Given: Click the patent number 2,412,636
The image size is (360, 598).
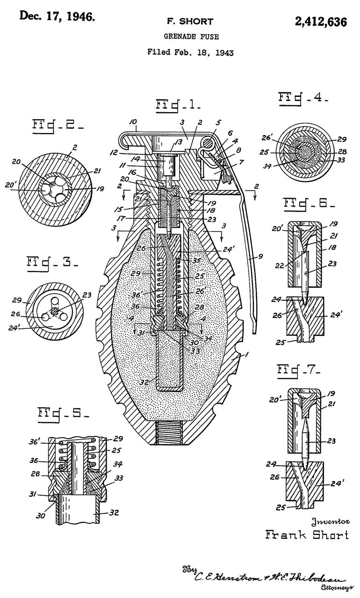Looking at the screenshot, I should pos(320,21).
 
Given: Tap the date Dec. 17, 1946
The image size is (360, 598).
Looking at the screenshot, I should pos(57,17).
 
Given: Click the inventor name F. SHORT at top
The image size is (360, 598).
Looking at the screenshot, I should pos(190,21).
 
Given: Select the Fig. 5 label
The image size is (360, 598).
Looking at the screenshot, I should pos(63,413).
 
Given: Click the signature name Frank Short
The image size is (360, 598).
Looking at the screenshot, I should pos(307,534).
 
